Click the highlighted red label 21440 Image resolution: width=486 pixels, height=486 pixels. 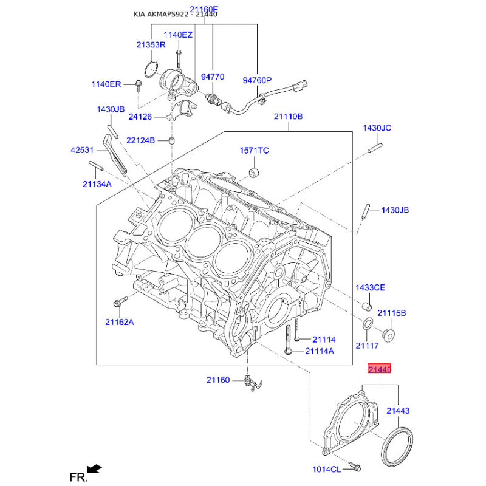tap(378, 369)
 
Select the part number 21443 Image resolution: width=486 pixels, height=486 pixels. tap(398, 411)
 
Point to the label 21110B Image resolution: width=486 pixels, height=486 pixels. tap(288, 117)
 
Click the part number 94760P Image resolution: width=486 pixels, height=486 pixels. tap(258, 80)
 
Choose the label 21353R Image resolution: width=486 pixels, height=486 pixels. tap(151, 45)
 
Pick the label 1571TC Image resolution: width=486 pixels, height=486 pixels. tap(254, 150)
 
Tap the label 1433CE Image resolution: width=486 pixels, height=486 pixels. tap(370, 287)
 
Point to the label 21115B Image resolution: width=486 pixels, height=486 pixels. tap(392, 313)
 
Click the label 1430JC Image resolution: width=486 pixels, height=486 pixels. tap(377, 128)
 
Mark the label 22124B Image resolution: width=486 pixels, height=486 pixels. tap(141, 141)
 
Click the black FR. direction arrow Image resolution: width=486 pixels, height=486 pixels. tap(94, 468)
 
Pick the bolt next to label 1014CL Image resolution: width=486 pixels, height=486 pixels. tap(355, 468)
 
